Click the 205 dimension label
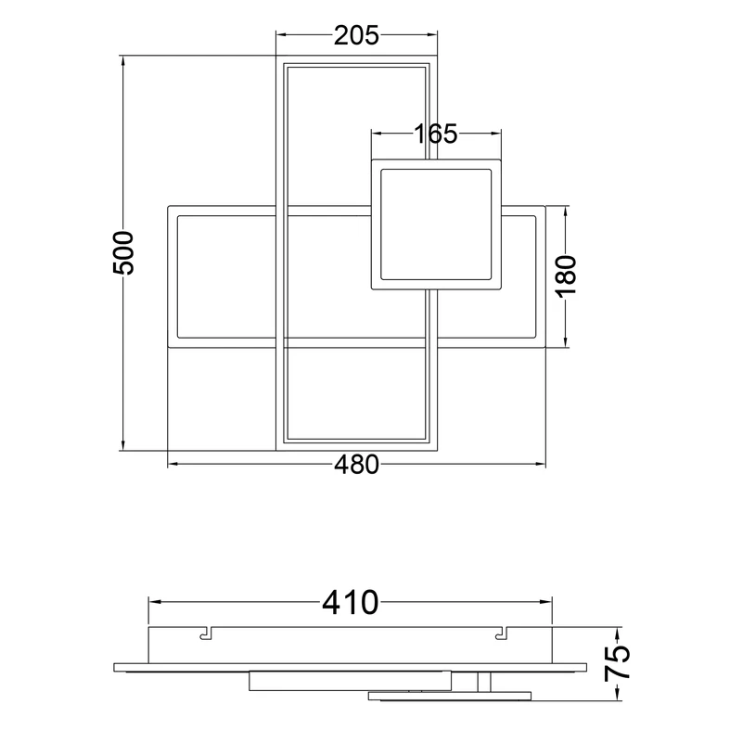pos(356,36)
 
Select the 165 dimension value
pos(436,134)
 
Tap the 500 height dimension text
pos(124,253)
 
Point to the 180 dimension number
pos(566,275)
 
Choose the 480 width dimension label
pos(356,465)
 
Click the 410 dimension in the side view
pos(351,602)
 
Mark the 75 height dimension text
pos(618,663)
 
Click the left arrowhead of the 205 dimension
pos(281,34)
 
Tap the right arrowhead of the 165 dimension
pos(496,134)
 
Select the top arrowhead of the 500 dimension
pos(123,60)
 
